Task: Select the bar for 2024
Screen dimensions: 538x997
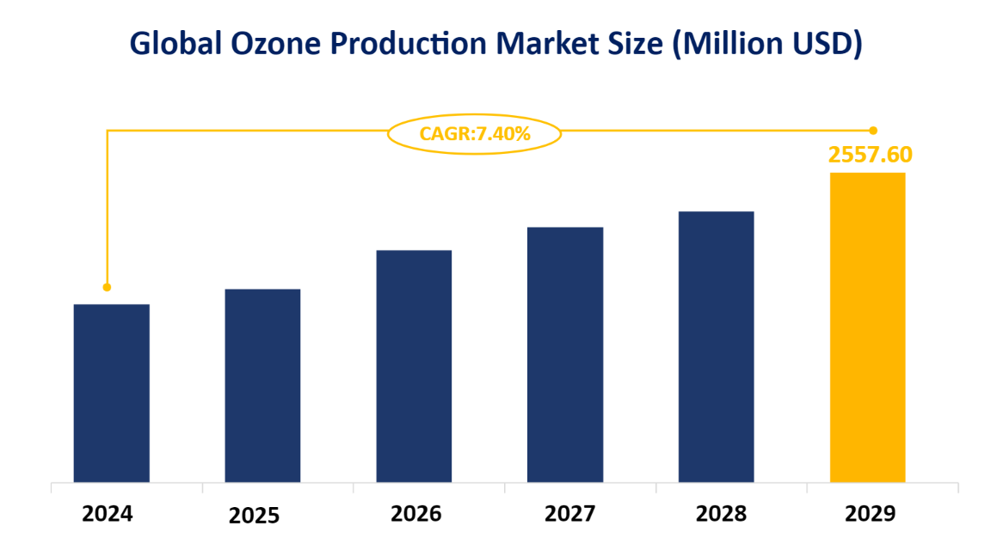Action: point(112,393)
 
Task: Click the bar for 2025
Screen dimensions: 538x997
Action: point(262,385)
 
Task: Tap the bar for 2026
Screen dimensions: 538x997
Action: point(414,365)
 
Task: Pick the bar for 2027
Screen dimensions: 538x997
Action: point(565,354)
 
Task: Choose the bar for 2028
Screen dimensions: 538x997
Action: point(716,346)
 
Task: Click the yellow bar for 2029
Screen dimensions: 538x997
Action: point(867,327)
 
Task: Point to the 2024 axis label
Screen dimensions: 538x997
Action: point(108,514)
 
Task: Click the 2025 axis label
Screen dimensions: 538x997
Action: point(255,516)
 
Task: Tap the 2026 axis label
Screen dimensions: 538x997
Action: point(415,514)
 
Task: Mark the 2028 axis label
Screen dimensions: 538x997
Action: point(721,514)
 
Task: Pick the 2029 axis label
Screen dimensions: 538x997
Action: point(871,514)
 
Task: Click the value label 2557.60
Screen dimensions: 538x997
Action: point(870,155)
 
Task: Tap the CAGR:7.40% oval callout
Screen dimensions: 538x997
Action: point(475,133)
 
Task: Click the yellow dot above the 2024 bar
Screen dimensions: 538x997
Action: point(107,287)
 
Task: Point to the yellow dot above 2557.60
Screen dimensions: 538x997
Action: point(873,131)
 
